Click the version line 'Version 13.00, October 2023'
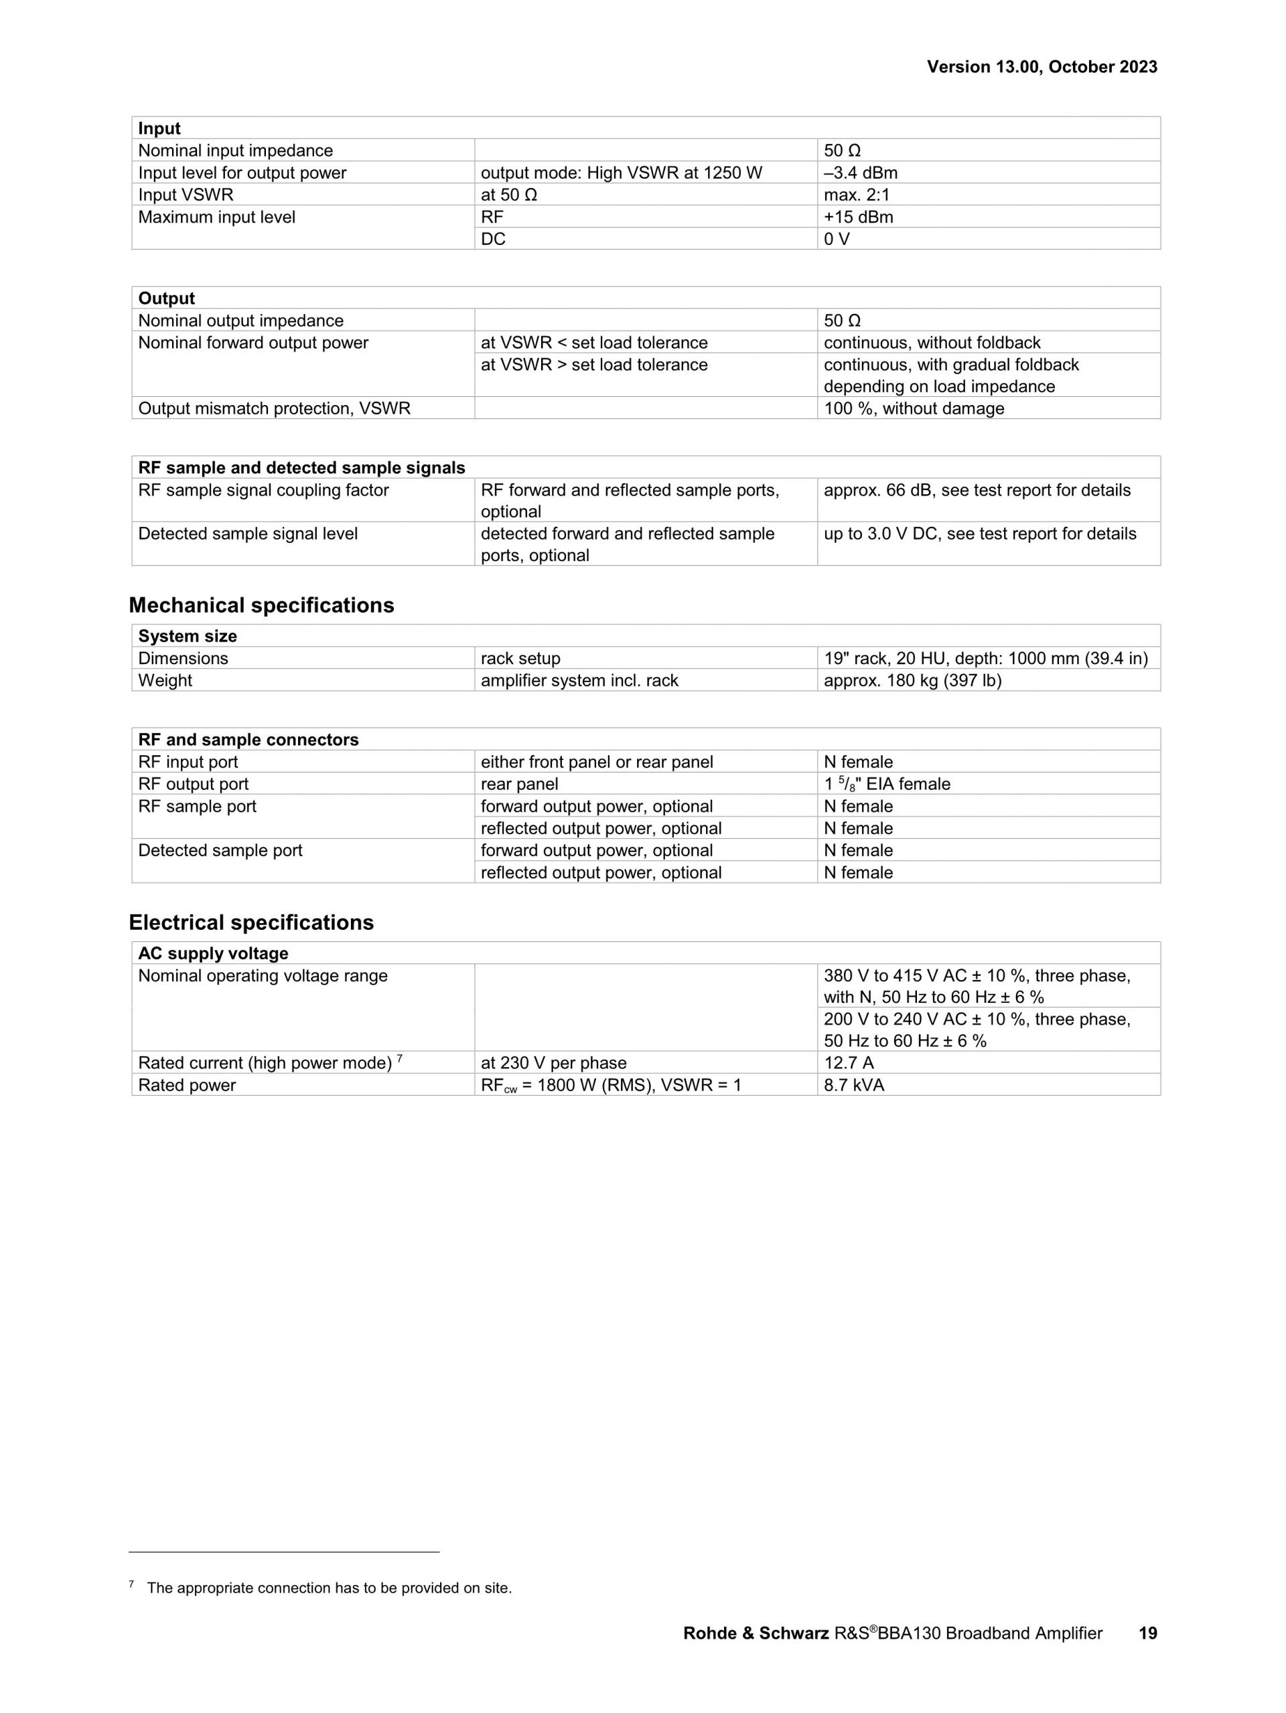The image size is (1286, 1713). (x=1042, y=68)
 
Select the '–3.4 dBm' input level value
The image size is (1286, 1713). (x=860, y=173)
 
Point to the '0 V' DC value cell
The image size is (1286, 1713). (x=836, y=239)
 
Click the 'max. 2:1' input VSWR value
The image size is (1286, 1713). (x=856, y=195)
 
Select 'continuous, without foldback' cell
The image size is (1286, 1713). (x=932, y=342)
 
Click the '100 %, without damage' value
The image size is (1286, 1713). (x=914, y=408)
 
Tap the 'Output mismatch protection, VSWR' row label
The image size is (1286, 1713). (x=274, y=408)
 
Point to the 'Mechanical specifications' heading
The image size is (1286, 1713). (x=261, y=605)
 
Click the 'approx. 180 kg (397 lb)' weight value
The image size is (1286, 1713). (x=912, y=680)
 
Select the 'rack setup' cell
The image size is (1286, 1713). (x=520, y=658)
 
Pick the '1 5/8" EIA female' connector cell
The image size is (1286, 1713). (x=886, y=784)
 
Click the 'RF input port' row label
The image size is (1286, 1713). (x=188, y=762)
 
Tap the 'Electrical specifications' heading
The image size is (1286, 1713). (x=251, y=922)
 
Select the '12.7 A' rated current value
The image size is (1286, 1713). (x=849, y=1062)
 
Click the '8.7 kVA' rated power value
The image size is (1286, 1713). (x=854, y=1085)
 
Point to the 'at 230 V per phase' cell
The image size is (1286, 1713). (x=553, y=1062)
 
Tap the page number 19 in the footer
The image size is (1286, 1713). (x=1147, y=1633)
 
